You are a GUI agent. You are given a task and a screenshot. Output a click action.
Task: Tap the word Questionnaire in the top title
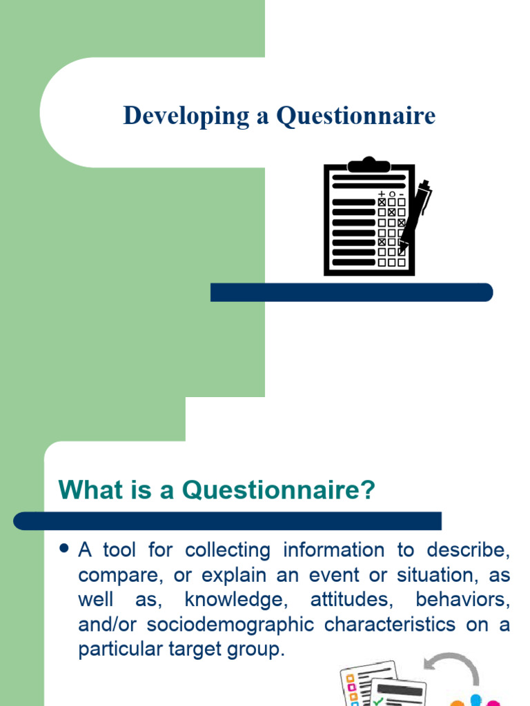(x=356, y=116)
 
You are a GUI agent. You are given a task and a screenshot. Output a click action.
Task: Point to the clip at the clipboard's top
(x=369, y=165)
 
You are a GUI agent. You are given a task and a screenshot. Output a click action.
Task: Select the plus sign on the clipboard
(x=382, y=194)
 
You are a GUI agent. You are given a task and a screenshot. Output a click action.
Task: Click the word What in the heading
(x=85, y=490)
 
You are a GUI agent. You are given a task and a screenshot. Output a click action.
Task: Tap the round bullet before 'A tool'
(x=66, y=549)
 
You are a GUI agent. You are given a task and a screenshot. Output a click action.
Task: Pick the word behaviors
(x=463, y=600)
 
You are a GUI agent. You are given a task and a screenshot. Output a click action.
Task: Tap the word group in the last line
(x=255, y=649)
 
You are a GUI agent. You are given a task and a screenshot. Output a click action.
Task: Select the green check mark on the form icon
(x=379, y=700)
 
